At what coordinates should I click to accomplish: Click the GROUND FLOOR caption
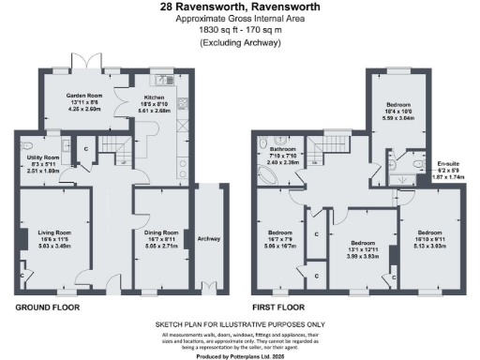point(48,307)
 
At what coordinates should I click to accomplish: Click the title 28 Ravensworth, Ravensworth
point(240,7)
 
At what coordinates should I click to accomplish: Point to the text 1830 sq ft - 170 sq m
point(240,30)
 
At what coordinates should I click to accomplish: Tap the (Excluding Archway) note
point(240,41)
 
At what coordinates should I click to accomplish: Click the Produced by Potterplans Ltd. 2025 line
point(241,356)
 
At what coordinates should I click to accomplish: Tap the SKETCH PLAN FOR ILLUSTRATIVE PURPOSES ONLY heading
point(241,325)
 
